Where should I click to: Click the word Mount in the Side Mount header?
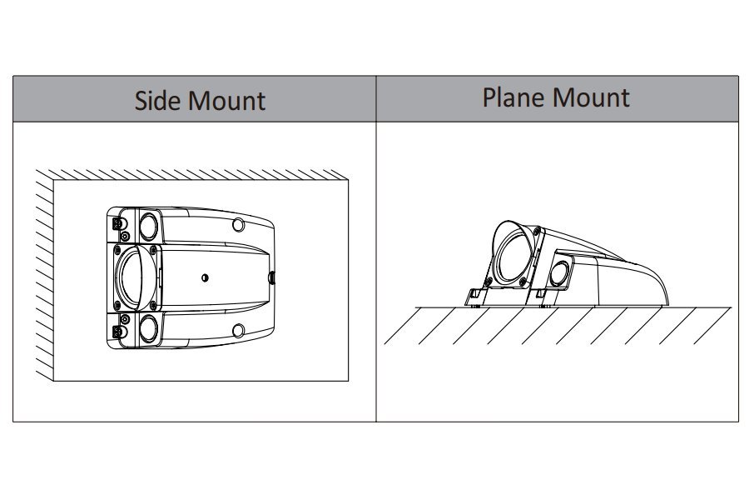tap(226, 101)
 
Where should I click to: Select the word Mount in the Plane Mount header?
tap(592, 97)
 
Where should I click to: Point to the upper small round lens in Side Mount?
tap(150, 225)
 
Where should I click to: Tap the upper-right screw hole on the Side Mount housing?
tap(239, 224)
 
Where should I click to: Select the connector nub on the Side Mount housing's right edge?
tap(270, 277)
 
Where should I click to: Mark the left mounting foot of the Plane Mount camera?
tap(474, 294)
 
